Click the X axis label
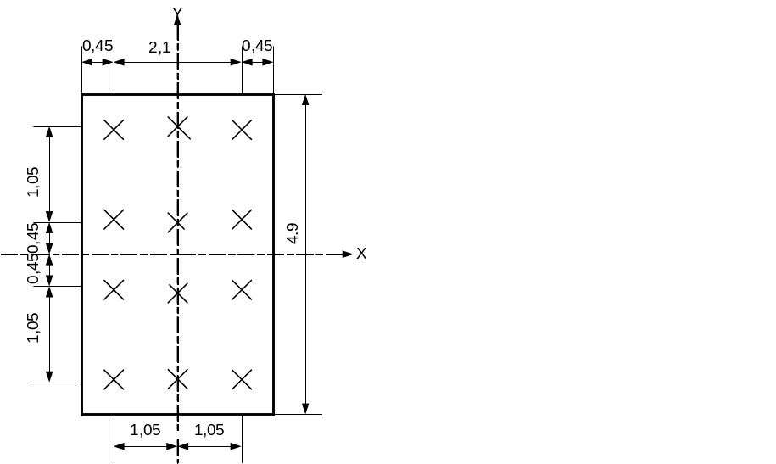(x=361, y=254)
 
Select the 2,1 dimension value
(x=159, y=48)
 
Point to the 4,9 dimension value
(x=293, y=234)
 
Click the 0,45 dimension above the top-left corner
(x=98, y=46)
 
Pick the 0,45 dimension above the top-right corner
(x=257, y=46)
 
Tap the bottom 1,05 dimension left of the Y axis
(x=146, y=429)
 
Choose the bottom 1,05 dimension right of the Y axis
(x=209, y=429)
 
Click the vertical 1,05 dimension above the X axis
(x=33, y=182)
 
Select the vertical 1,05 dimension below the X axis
(x=33, y=328)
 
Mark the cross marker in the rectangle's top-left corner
(x=114, y=130)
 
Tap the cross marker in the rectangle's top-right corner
(x=242, y=130)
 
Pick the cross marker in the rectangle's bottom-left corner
(x=114, y=379)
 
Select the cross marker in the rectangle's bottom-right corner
(x=242, y=379)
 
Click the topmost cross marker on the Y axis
(x=177, y=127)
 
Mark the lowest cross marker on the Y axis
(x=177, y=378)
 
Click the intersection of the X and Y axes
(x=177, y=254)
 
